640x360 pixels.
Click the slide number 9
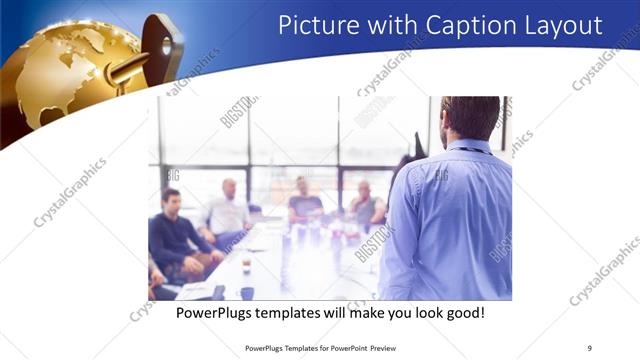[589, 348]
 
